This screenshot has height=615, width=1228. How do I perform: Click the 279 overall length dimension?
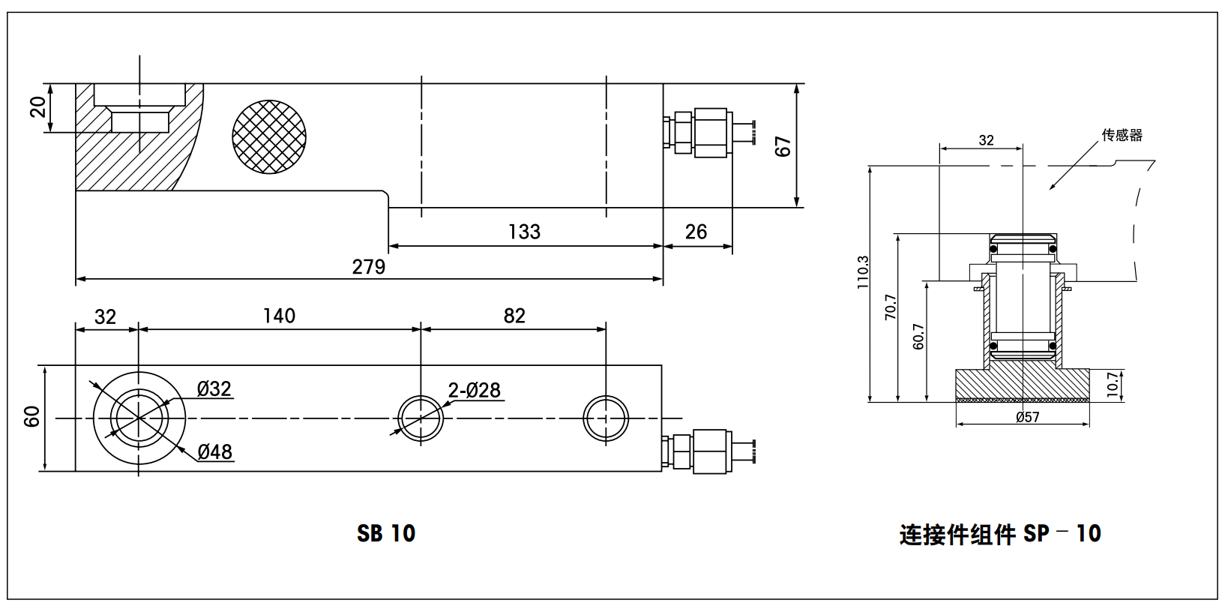tap(368, 267)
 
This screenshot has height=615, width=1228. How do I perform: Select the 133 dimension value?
tap(524, 232)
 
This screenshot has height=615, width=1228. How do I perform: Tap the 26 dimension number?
tap(696, 232)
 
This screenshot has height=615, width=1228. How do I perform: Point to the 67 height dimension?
tap(783, 146)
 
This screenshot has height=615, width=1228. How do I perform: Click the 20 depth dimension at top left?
tap(38, 107)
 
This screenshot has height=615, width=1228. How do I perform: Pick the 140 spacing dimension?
tap(279, 316)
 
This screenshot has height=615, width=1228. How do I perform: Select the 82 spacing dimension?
tap(514, 316)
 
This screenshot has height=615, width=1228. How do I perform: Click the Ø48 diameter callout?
tap(215, 452)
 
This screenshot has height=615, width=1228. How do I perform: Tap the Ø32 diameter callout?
tap(214, 389)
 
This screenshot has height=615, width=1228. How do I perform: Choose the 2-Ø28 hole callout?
tap(475, 391)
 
